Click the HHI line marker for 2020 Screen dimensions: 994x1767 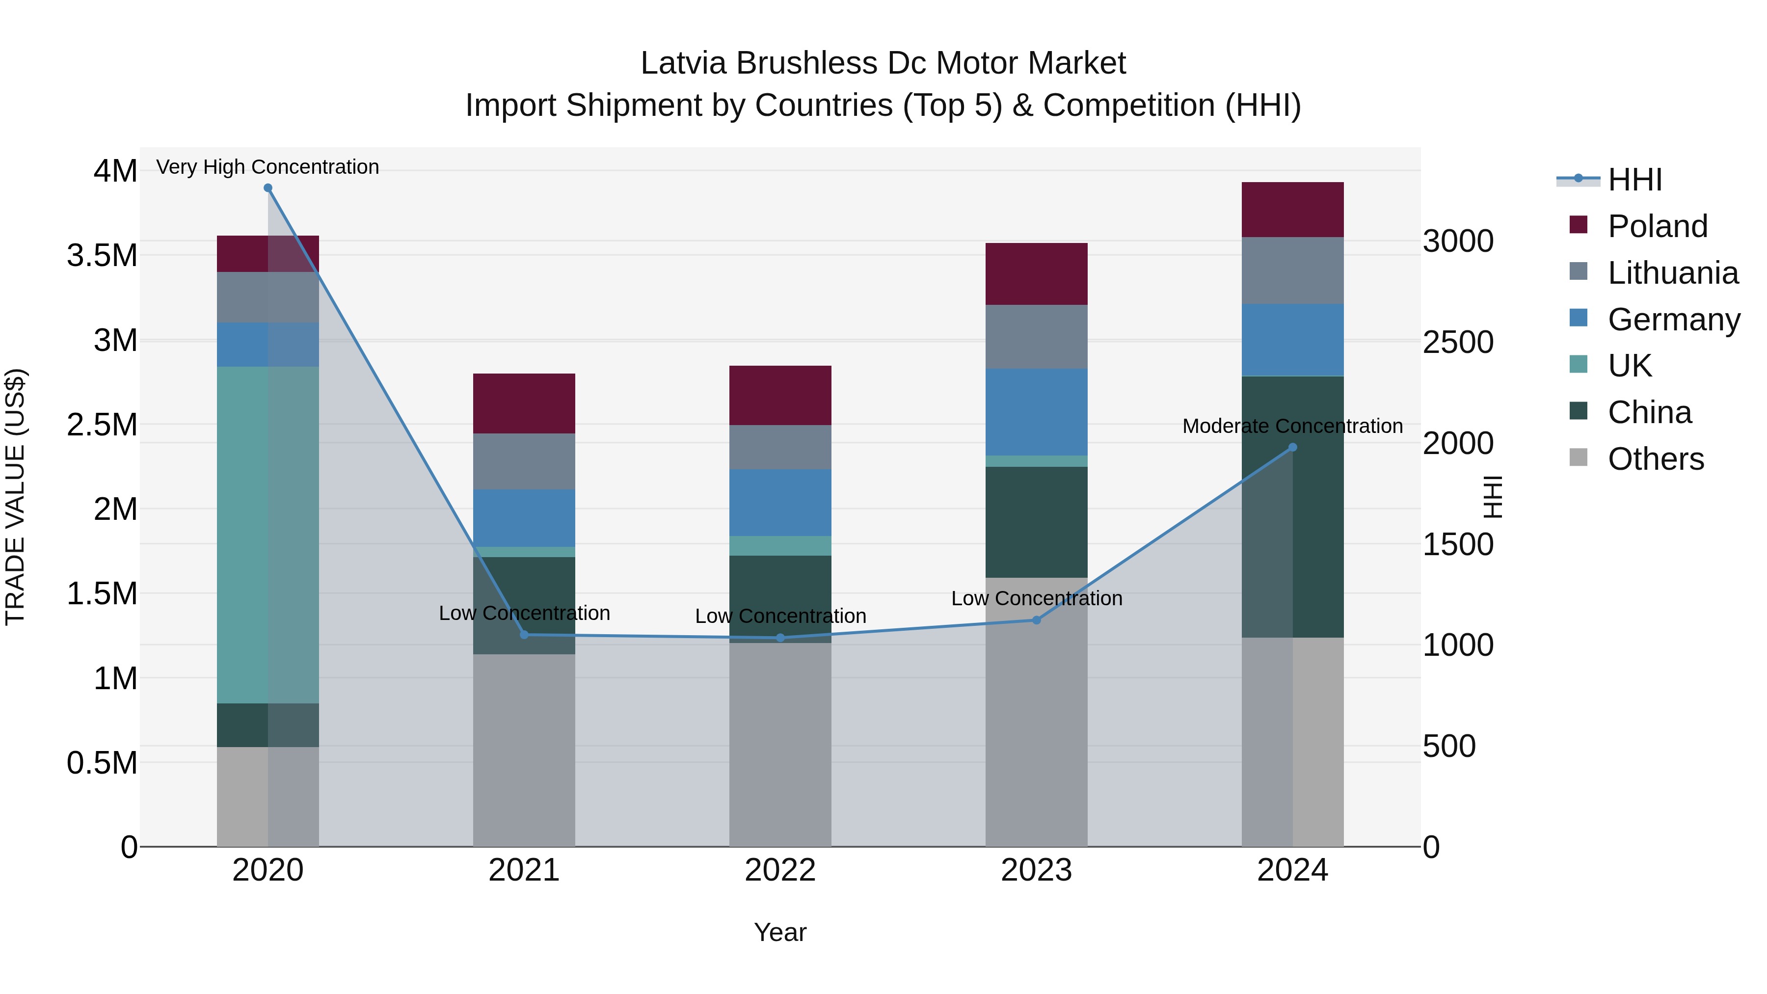pyautogui.click(x=268, y=188)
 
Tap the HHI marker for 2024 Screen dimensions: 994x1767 pyautogui.click(x=1292, y=447)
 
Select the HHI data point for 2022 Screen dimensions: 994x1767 pyautogui.click(x=780, y=638)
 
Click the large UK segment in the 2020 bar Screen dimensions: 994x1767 pyautogui.click(x=268, y=535)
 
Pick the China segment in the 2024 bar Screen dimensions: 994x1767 pyautogui.click(x=1292, y=508)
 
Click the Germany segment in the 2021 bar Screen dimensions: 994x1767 pyautogui.click(x=524, y=518)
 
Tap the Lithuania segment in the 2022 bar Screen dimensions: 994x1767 pyautogui.click(x=780, y=447)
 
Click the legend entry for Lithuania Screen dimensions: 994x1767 pyautogui.click(x=1672, y=273)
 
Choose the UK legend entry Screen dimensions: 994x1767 pyautogui.click(x=1629, y=366)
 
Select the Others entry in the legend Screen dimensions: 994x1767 pyautogui.click(x=1655, y=459)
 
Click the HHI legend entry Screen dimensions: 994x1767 pyautogui.click(x=1634, y=180)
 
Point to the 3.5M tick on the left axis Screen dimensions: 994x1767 pyautogui.click(x=102, y=255)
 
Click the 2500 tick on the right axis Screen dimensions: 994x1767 pyautogui.click(x=1458, y=342)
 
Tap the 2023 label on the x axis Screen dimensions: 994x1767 pyautogui.click(x=1036, y=870)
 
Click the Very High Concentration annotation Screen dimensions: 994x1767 pyautogui.click(x=268, y=167)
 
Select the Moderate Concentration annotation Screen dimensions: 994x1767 pyautogui.click(x=1292, y=426)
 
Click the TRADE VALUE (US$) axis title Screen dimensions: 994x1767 pyautogui.click(x=15, y=497)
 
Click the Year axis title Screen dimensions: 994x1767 pyautogui.click(x=780, y=932)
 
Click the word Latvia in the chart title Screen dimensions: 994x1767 pyautogui.click(x=683, y=63)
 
